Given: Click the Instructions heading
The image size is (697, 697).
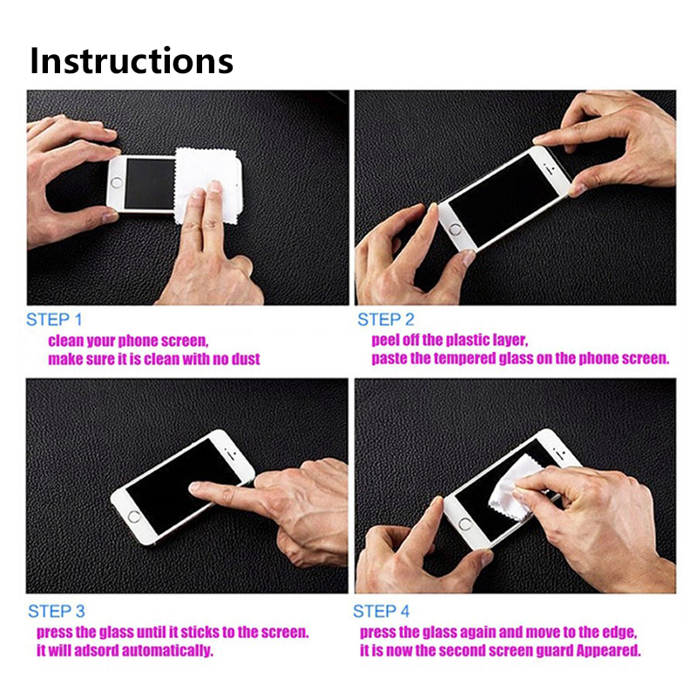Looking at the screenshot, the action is [x=132, y=60].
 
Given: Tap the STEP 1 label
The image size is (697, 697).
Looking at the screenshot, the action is [x=54, y=320].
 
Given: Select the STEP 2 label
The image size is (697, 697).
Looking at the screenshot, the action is [x=386, y=320].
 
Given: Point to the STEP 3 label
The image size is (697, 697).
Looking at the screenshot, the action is [x=57, y=612].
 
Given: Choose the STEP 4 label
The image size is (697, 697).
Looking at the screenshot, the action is [x=381, y=612].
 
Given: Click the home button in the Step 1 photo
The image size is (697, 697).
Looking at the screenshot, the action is [x=117, y=182].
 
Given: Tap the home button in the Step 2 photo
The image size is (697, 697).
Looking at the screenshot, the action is [x=454, y=230].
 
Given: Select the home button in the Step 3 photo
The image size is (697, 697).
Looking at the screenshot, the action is [x=134, y=516].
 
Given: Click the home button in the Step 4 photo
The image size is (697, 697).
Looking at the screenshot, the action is [x=465, y=524].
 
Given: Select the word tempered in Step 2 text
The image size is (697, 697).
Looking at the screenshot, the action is [x=464, y=358].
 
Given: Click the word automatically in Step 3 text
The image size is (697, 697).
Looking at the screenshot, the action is [x=167, y=650].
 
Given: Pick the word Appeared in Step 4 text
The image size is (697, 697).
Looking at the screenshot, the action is [x=608, y=650].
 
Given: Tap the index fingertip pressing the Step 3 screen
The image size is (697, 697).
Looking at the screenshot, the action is [x=195, y=488].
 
